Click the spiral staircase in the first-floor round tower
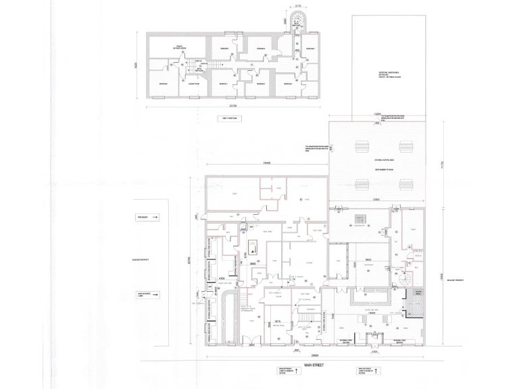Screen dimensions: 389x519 coord(297,26)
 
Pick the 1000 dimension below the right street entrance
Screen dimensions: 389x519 coord(374,351)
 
